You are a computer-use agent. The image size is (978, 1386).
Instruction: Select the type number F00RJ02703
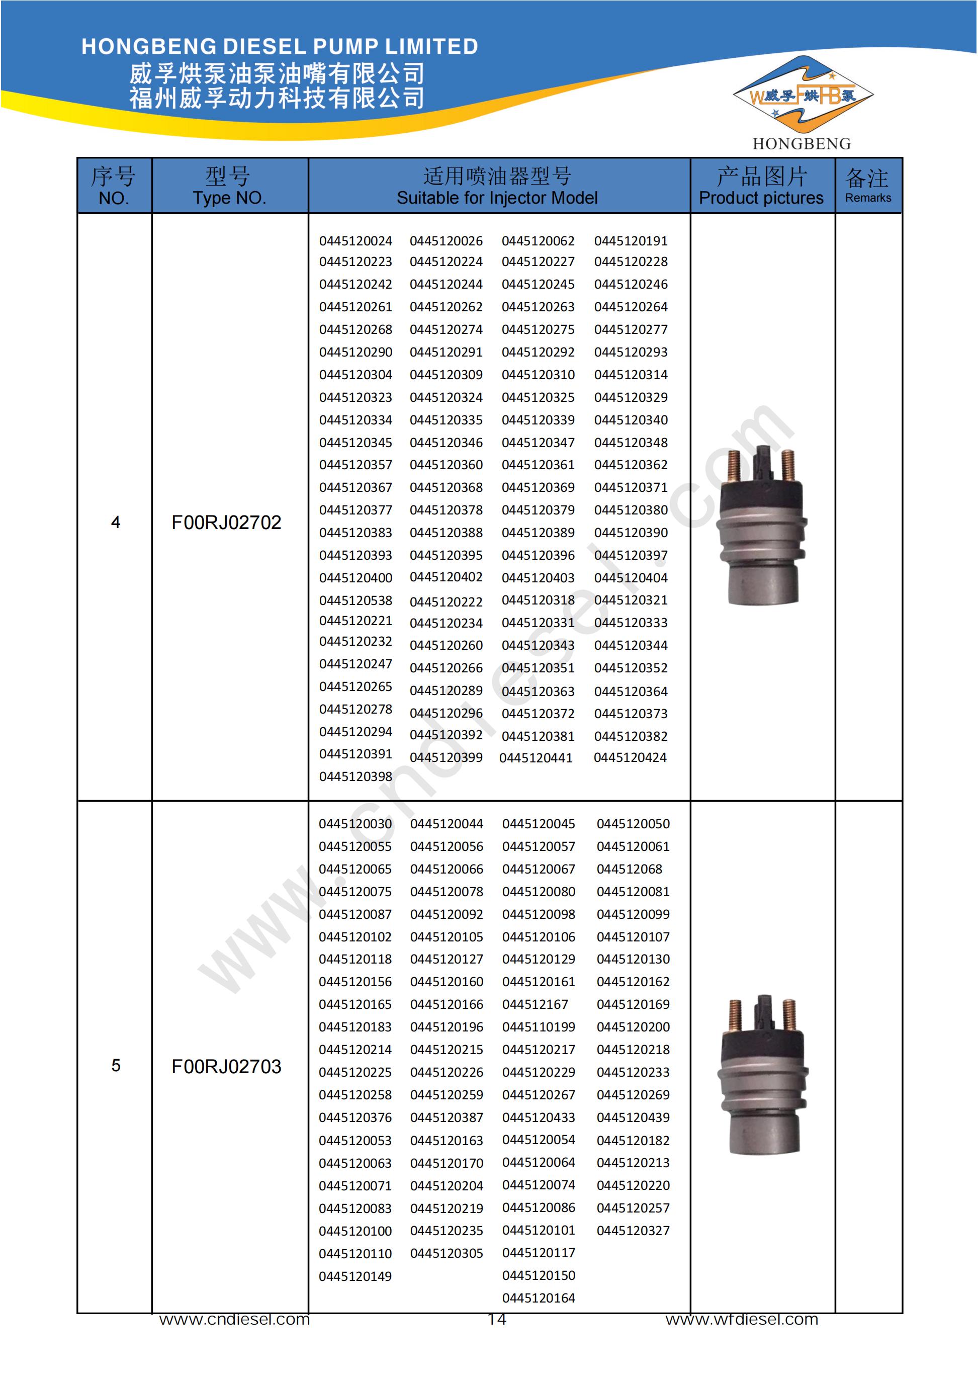pyautogui.click(x=226, y=1066)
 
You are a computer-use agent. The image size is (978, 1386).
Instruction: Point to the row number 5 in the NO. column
pyautogui.click(x=115, y=1066)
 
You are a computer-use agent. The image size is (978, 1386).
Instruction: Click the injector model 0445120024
pyautogui.click(x=355, y=241)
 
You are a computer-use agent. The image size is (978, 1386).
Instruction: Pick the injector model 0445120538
pyautogui.click(x=355, y=600)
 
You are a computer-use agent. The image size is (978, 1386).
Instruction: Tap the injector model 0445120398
pyautogui.click(x=355, y=776)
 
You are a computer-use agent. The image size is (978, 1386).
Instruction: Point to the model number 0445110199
pyautogui.click(x=539, y=1027)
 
